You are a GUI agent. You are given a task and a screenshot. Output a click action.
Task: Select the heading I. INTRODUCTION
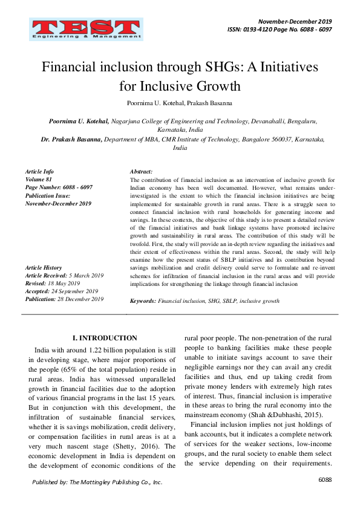tap(105, 338)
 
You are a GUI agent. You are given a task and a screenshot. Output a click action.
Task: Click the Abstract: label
tap(141, 172)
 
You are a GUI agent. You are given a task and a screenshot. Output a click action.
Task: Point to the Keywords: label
tap(143, 300)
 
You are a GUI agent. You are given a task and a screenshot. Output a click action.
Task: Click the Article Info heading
tap(39, 172)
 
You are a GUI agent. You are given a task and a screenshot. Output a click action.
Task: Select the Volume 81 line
tap(40, 180)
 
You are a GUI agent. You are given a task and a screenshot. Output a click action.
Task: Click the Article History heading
tap(43, 268)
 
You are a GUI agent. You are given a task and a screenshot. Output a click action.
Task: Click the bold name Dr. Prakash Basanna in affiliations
tap(71, 139)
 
